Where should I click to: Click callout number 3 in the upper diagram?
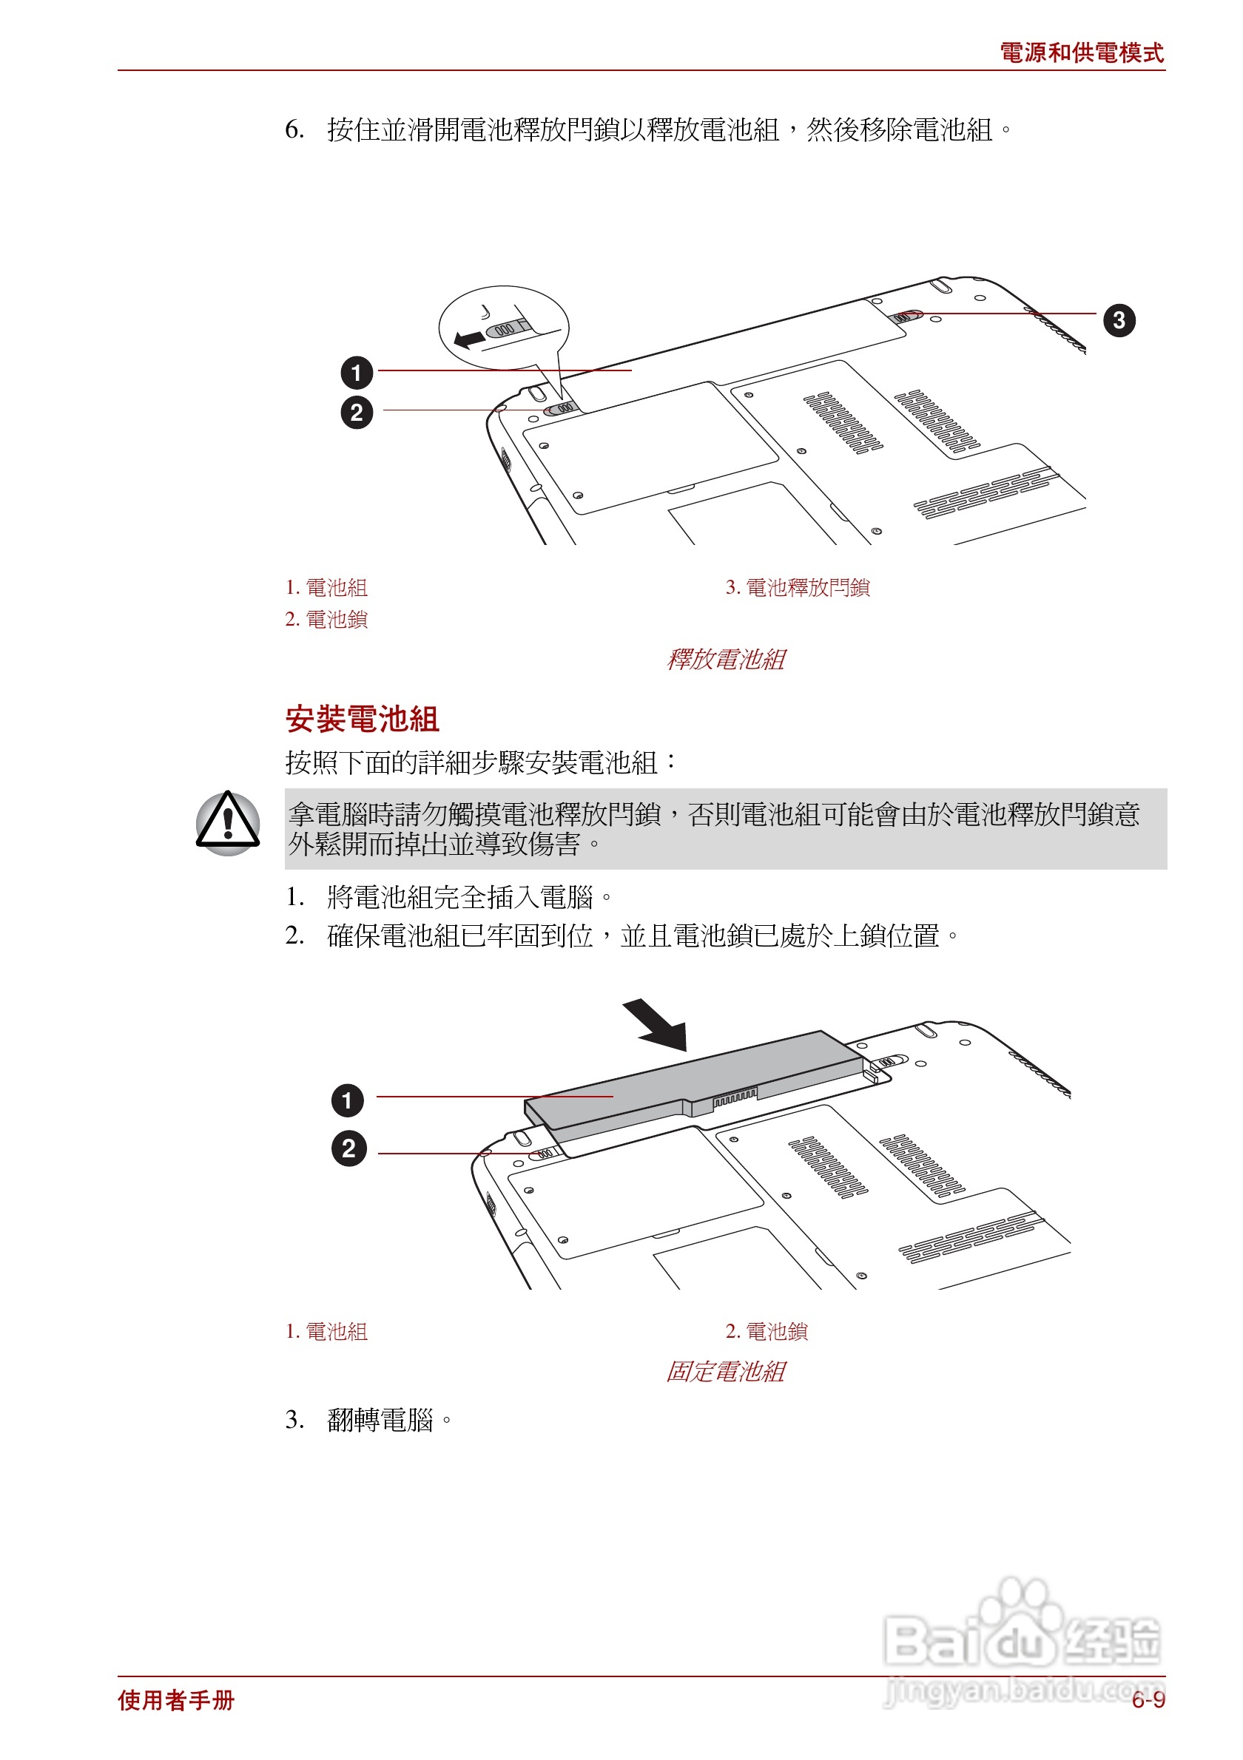click(x=1118, y=320)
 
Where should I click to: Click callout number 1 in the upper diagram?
click(x=357, y=373)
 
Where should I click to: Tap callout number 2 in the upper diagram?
click(x=357, y=413)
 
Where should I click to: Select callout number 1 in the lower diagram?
click(x=347, y=1101)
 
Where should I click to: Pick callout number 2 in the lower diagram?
click(x=349, y=1149)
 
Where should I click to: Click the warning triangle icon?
click(x=228, y=823)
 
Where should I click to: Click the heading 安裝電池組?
click(x=362, y=719)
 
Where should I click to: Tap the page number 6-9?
click(x=1148, y=1700)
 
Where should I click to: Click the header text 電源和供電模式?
click(x=1081, y=53)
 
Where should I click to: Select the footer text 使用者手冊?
click(x=176, y=1700)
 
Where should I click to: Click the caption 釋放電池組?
click(x=725, y=659)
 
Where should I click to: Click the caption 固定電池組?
click(x=725, y=1371)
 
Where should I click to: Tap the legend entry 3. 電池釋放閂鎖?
click(x=798, y=588)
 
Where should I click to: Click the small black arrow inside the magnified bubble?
click(x=469, y=338)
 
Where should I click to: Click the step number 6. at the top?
click(x=294, y=129)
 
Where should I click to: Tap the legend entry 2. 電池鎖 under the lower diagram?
click(x=767, y=1332)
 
